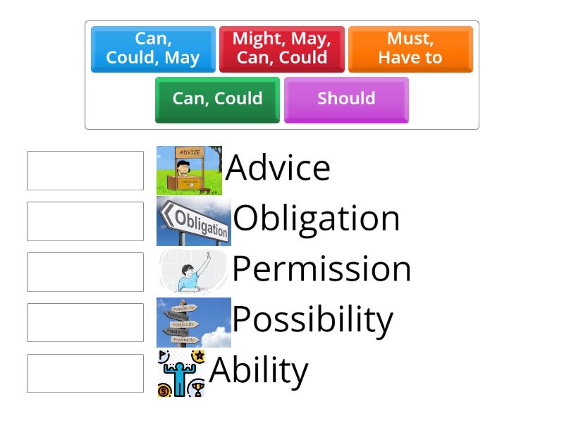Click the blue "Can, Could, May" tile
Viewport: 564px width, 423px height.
click(153, 49)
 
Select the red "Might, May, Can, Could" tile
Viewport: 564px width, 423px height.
click(281, 49)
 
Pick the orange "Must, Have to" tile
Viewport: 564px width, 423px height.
click(410, 49)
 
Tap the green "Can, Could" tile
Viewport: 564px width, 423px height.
click(217, 99)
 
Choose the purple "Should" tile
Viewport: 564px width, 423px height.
click(346, 99)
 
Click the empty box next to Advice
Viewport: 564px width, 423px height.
click(85, 171)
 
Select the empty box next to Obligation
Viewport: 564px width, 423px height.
click(85, 221)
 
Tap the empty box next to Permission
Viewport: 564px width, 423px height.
click(85, 272)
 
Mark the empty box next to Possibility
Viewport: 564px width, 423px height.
click(85, 323)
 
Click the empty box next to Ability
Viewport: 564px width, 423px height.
click(85, 374)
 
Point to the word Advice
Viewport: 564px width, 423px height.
click(278, 168)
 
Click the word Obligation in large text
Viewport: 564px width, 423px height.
click(317, 219)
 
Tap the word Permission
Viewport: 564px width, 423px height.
click(321, 269)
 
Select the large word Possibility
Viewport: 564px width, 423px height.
click(312, 319)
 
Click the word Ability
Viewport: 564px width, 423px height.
click(259, 370)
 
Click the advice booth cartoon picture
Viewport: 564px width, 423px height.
click(189, 171)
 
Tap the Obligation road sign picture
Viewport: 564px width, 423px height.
click(194, 221)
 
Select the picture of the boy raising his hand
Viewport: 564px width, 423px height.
click(192, 271)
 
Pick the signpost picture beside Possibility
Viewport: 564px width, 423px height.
click(194, 322)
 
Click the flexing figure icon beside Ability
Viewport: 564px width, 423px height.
click(181, 374)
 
